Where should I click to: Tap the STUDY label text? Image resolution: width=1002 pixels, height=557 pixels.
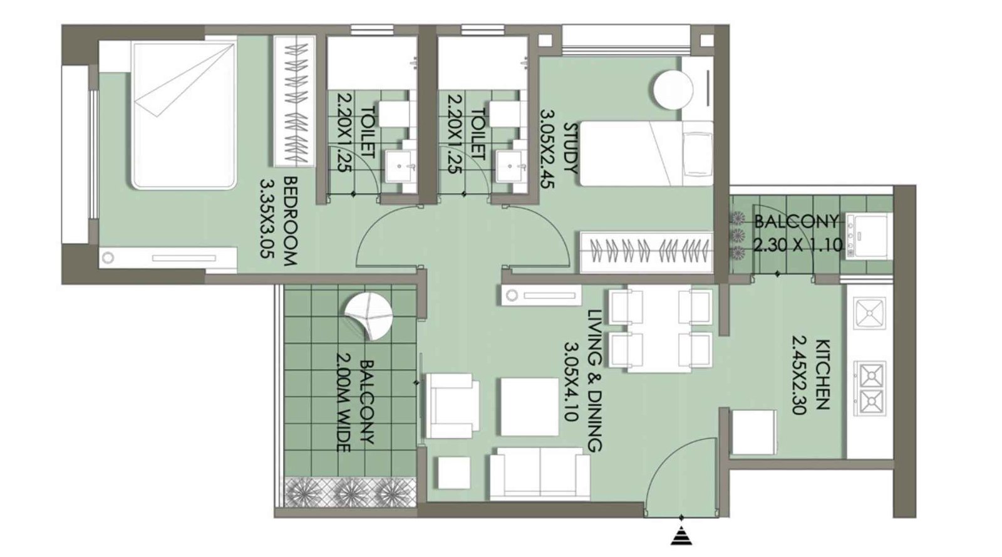(571, 148)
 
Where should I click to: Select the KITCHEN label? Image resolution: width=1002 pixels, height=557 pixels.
(822, 374)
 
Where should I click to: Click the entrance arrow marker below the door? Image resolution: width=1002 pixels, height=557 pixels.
(681, 536)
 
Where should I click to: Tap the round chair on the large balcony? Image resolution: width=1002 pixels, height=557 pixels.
(369, 317)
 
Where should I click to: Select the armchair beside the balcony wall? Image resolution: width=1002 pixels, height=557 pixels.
(449, 405)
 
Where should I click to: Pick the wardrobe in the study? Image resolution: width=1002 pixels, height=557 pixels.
(646, 251)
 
